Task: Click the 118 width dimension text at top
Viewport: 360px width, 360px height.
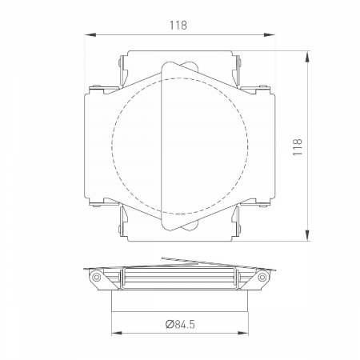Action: tap(179, 25)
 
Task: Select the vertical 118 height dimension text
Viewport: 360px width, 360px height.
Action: tap(298, 146)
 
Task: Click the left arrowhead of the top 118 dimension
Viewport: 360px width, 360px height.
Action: tap(87, 34)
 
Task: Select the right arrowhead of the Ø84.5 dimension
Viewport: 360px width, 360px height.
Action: tap(243, 334)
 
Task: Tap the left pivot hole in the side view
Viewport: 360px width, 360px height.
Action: tap(97, 277)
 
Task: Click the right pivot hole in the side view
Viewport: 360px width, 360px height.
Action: tap(262, 277)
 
